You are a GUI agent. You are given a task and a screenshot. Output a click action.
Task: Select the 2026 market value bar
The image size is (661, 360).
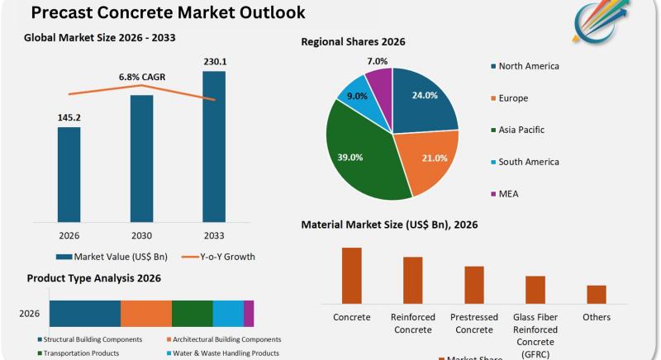coord(69,174)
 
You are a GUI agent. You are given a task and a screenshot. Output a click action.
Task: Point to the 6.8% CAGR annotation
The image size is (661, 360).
coord(141,77)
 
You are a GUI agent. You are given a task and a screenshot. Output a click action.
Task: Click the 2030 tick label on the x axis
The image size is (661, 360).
coord(141,234)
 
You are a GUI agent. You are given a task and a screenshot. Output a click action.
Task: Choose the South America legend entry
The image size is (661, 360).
coord(530,162)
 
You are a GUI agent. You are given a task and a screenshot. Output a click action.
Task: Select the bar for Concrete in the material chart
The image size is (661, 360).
coord(352,275)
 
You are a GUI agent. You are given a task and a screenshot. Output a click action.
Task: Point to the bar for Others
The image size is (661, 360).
coord(597,294)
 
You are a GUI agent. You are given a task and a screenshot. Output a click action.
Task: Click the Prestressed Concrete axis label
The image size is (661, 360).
coord(474,324)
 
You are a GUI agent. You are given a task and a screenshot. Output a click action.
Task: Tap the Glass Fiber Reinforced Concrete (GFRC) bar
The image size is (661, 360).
coord(535,289)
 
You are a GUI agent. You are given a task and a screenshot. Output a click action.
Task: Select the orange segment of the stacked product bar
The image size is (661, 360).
coord(146,314)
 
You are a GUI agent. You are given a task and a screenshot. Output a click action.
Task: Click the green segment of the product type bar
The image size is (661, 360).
coord(193,314)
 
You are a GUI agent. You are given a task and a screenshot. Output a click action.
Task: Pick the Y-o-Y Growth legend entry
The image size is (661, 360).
coord(218,257)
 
